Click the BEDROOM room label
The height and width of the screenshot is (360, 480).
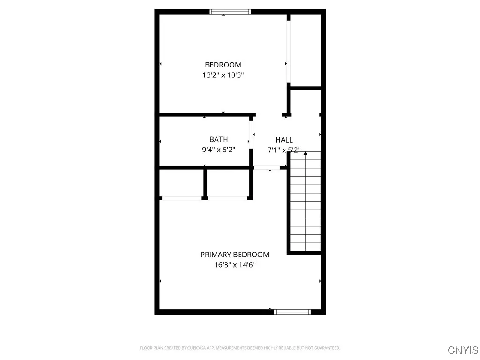[223, 65]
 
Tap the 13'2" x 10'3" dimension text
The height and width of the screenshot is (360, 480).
[223, 75]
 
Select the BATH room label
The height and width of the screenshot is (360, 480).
[218, 139]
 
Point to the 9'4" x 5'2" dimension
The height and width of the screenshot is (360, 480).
[218, 150]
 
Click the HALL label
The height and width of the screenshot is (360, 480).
[284, 140]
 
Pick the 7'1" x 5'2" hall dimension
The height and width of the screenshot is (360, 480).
[284, 150]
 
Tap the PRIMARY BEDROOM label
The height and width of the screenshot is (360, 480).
[235, 255]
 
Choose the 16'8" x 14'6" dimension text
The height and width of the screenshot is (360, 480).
[235, 265]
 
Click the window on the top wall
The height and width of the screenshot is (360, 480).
[230, 12]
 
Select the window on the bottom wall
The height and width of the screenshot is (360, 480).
[292, 312]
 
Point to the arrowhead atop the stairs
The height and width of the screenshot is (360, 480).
[305, 153]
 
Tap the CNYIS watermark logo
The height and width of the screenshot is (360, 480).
[463, 350]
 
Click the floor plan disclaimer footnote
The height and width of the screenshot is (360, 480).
[240, 348]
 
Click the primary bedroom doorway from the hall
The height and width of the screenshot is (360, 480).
[267, 167]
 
